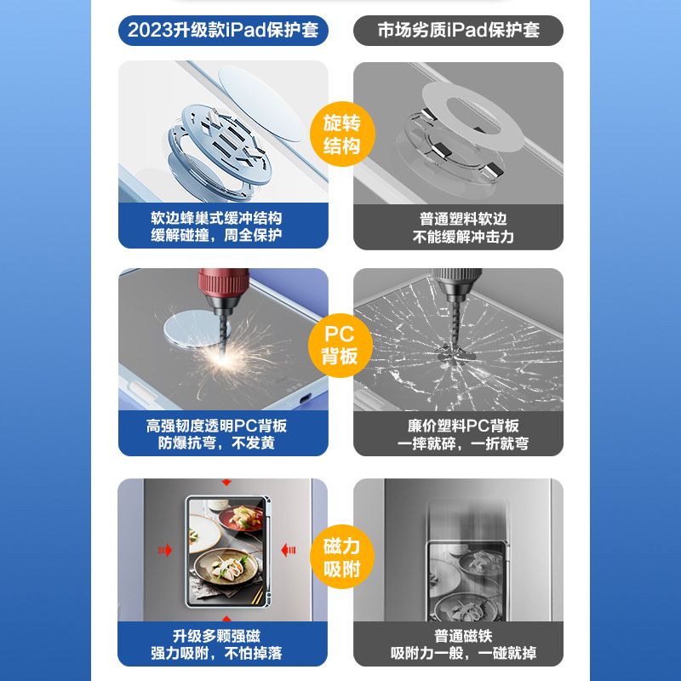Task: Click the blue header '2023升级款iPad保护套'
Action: (x=223, y=31)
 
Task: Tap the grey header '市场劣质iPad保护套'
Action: (x=458, y=31)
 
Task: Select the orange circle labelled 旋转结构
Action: (x=342, y=134)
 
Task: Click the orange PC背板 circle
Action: (x=340, y=346)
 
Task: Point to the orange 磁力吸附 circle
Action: (x=342, y=557)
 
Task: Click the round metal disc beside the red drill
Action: (x=190, y=328)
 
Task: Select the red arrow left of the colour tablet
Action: (x=164, y=550)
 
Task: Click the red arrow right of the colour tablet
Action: (x=289, y=550)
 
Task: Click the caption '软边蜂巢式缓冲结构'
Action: (x=216, y=218)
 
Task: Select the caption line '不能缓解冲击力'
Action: (x=463, y=237)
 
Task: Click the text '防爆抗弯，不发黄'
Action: (x=216, y=443)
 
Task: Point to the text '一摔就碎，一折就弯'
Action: (x=463, y=444)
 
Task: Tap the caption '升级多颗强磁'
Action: (x=216, y=636)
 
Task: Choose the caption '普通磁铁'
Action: (x=463, y=636)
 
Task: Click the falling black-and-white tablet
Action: (x=466, y=581)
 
